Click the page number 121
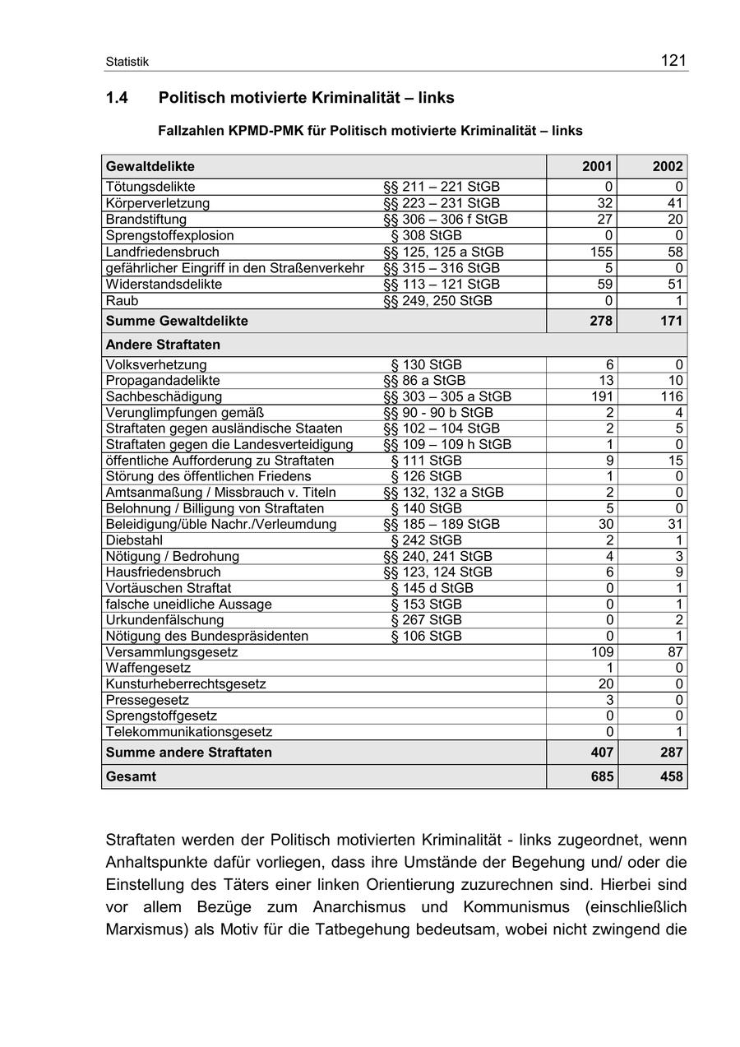tap(673, 60)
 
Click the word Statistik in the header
tap(127, 63)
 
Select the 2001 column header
tap(597, 166)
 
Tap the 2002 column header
tap(668, 166)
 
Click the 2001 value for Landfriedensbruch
tap(601, 252)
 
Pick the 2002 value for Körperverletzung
tap(675, 203)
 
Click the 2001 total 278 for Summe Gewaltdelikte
tap(600, 321)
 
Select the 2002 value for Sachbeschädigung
tap(671, 396)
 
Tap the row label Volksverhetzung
tap(156, 364)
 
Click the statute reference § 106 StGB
tap(426, 636)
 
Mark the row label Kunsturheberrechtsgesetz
tap(185, 683)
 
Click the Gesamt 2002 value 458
tap(671, 776)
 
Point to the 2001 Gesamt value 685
tap(600, 776)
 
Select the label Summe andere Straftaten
tap(188, 753)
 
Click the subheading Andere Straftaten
tap(163, 345)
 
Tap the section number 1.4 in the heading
tap(117, 98)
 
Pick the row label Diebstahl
tap(134, 540)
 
